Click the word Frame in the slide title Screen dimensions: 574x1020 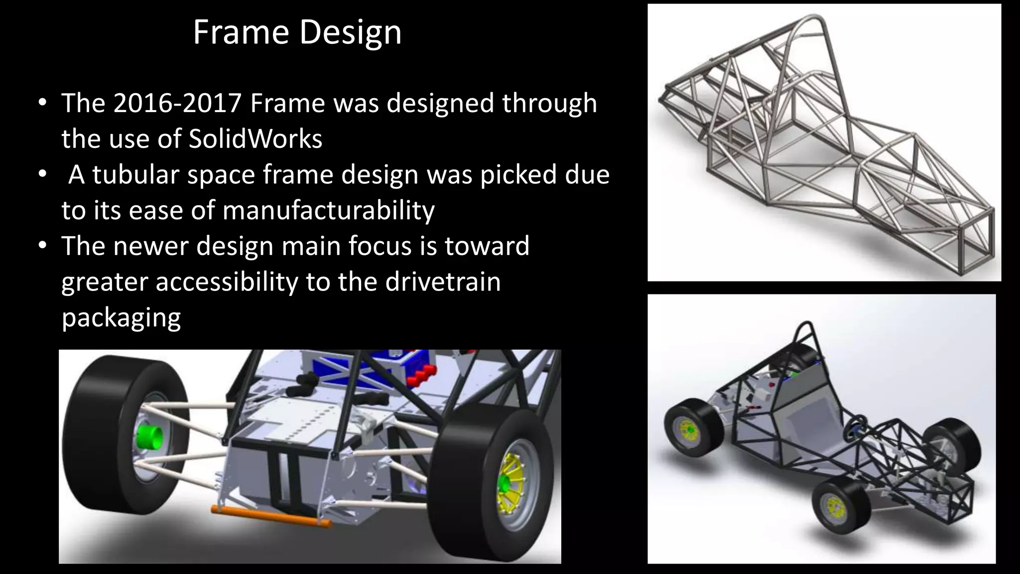pos(241,32)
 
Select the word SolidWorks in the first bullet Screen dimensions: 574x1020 pos(255,139)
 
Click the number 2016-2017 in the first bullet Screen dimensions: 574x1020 pos(177,103)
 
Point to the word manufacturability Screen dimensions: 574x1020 pos(328,210)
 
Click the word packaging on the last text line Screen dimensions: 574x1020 pos(121,318)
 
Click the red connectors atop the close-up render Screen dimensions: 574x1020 pos(422,375)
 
